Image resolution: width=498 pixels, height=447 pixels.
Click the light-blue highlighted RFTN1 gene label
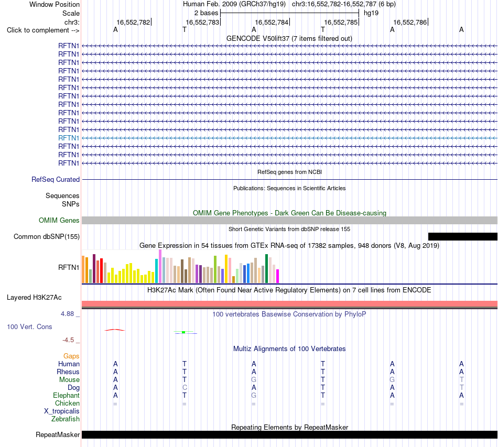69,138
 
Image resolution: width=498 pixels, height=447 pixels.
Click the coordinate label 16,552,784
272,22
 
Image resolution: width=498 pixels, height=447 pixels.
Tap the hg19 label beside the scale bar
371,13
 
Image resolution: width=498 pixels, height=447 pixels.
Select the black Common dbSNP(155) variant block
463,236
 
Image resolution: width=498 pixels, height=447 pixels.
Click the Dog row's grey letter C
185,388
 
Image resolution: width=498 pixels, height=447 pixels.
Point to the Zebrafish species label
66,419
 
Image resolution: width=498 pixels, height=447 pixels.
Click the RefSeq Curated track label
56,179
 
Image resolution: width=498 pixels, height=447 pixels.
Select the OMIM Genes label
59,220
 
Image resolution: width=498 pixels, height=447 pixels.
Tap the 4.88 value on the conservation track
67,314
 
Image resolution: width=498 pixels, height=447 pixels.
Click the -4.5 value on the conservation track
68,340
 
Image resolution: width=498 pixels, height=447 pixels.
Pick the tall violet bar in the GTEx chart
160,266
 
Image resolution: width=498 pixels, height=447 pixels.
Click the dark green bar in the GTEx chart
266,269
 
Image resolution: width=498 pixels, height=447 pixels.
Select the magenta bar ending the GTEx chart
278,276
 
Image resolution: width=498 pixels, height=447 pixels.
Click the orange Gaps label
71,356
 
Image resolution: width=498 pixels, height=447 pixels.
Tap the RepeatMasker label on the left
58,434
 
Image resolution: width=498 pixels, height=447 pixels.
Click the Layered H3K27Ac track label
34,298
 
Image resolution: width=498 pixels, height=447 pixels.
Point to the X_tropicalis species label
62,411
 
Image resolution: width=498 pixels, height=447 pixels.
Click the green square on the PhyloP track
183,332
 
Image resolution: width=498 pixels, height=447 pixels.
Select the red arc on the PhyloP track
115,330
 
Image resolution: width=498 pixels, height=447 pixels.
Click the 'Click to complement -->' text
43,30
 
